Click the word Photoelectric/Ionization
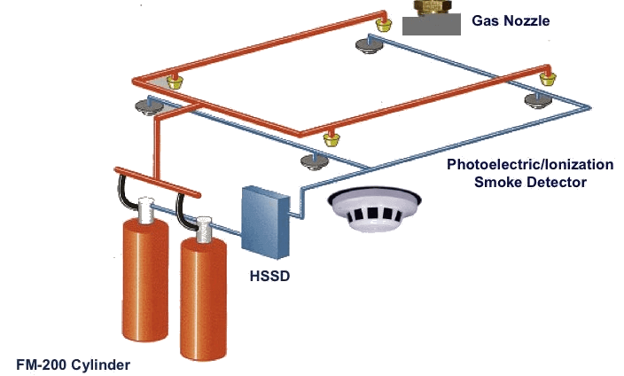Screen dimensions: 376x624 click(529, 165)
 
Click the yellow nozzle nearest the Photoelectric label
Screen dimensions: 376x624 click(331, 137)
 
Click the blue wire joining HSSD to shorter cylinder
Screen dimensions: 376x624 click(227, 231)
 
